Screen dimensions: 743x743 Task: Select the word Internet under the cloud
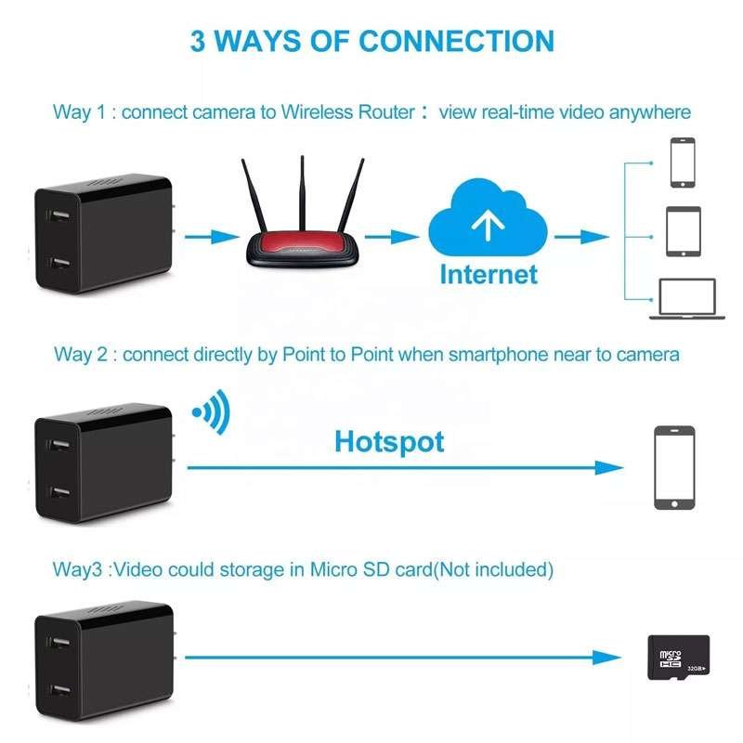click(489, 274)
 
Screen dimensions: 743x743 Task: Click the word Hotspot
click(389, 440)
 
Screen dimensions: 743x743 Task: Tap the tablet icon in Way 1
click(684, 230)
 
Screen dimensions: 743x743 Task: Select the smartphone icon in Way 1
click(683, 163)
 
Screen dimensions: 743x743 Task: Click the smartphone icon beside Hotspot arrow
click(674, 467)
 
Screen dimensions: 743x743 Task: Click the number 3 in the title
click(199, 42)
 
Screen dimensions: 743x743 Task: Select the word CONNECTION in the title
click(456, 42)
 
